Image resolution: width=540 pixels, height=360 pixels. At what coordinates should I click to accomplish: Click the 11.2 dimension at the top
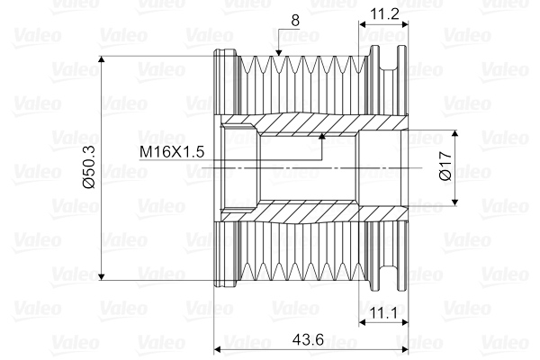383,13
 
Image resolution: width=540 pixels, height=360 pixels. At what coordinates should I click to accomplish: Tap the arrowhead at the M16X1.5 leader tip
321,137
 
